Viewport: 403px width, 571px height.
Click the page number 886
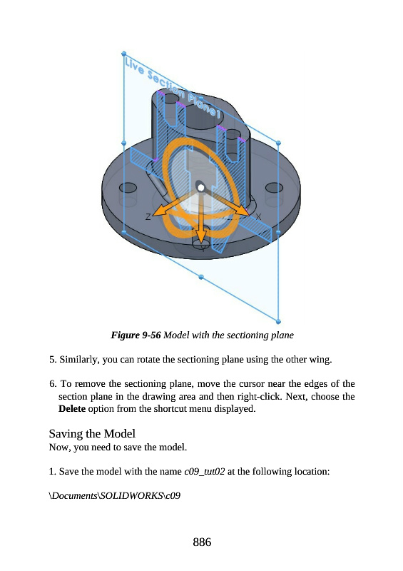point(202,542)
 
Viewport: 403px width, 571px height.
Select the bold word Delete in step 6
point(72,408)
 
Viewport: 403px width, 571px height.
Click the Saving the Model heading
point(92,433)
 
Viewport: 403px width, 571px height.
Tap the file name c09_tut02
point(204,472)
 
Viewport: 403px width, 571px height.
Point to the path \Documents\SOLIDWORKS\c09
point(115,495)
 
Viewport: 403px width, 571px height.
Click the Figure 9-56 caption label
point(136,335)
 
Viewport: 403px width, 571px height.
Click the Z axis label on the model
point(148,217)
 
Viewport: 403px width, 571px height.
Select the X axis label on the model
point(258,217)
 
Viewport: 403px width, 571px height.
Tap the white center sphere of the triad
point(200,188)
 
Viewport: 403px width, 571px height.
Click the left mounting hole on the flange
point(128,188)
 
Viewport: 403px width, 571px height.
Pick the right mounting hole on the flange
point(274,188)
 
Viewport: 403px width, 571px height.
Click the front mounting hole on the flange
point(201,243)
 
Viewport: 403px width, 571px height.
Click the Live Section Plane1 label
point(173,87)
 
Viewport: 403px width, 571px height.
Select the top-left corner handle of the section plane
point(124,54)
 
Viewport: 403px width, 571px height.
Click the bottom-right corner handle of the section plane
point(278,322)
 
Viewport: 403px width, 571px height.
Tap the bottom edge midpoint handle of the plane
point(201,277)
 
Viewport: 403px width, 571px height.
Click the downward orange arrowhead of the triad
point(200,237)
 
